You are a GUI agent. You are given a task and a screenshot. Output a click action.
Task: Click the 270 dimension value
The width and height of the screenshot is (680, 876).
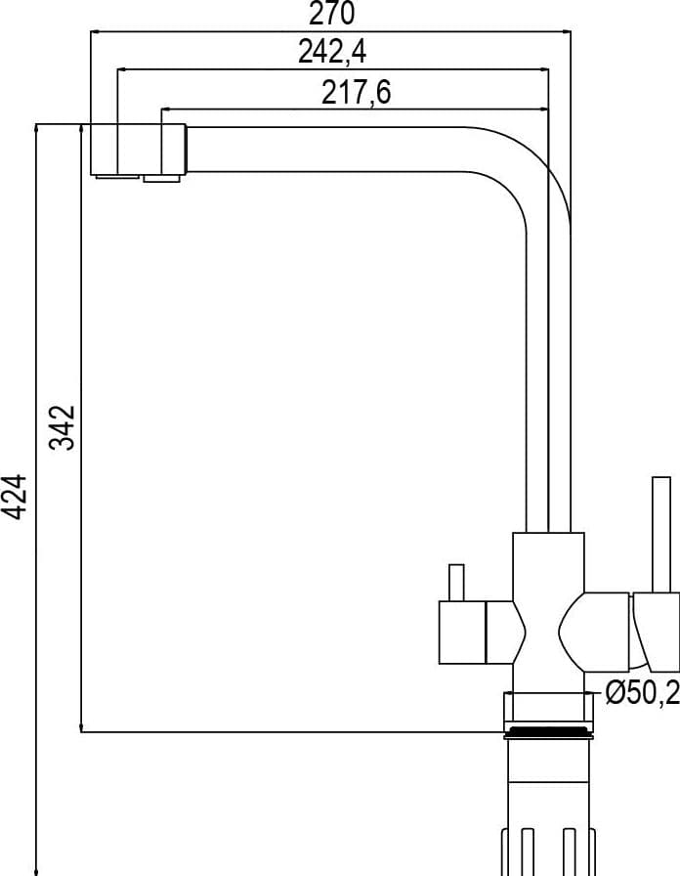click(x=331, y=14)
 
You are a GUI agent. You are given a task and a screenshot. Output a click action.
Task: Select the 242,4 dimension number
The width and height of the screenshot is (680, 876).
click(x=332, y=52)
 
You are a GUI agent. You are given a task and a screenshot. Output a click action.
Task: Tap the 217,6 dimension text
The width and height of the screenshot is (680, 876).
click(x=357, y=92)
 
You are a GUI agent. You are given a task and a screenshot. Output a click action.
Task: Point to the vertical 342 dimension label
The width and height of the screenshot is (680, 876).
click(x=62, y=427)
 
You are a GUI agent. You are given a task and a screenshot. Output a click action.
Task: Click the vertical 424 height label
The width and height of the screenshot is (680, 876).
click(x=14, y=498)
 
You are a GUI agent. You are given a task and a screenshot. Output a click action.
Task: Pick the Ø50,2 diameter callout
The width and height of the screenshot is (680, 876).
click(x=642, y=693)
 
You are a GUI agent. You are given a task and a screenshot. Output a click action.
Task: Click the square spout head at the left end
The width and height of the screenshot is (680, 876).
click(x=138, y=150)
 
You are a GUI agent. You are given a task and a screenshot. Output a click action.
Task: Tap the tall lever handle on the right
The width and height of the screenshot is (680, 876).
click(x=661, y=535)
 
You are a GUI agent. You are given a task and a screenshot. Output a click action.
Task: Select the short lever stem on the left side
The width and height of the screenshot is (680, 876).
click(x=456, y=583)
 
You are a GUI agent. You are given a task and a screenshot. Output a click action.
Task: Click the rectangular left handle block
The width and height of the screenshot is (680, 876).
click(x=462, y=633)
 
